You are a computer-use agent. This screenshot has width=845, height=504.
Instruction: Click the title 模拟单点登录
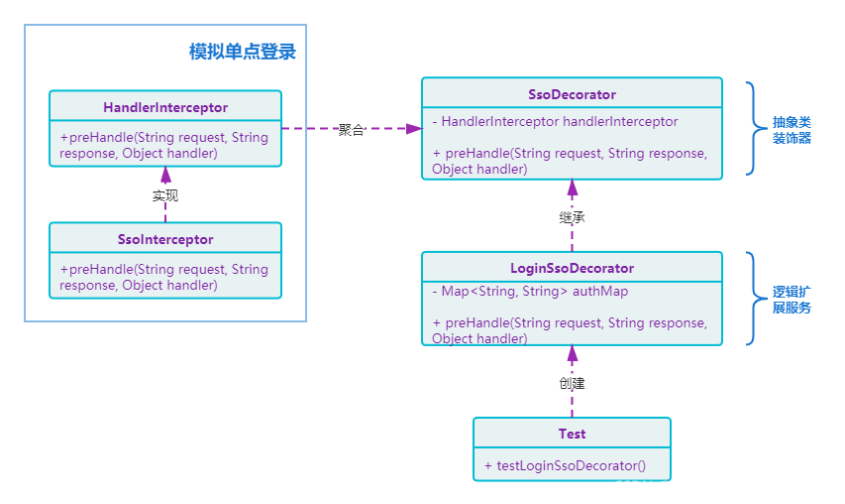[x=242, y=53]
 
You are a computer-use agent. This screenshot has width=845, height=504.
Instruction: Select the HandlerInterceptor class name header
[x=165, y=107]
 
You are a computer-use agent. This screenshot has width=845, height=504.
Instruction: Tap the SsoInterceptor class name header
[x=165, y=239]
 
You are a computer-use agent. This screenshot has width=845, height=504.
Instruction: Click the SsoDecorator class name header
[x=572, y=94]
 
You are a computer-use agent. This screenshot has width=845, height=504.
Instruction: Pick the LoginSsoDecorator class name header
[x=572, y=268]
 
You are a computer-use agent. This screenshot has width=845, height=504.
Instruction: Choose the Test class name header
[x=572, y=434]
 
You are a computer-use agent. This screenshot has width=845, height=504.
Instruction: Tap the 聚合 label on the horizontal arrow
[x=352, y=129]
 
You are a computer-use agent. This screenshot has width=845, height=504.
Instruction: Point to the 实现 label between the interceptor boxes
[x=165, y=195]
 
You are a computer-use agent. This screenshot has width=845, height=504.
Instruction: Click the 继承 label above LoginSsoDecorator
[x=572, y=216]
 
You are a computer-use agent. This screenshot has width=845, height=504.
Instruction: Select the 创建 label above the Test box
[x=572, y=382]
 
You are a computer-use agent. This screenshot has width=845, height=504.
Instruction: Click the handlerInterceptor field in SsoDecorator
[x=556, y=121]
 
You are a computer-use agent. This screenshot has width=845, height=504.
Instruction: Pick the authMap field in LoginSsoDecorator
[x=530, y=291]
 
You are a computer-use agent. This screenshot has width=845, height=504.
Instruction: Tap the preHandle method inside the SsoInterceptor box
[x=163, y=277]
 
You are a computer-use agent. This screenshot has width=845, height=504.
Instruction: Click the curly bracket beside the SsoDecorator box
[x=751, y=128]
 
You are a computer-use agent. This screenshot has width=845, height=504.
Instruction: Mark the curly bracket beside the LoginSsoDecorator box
[x=751, y=299]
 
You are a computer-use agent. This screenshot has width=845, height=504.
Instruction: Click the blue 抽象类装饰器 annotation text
[x=792, y=130]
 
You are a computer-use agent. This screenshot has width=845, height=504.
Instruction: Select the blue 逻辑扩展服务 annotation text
[x=792, y=300]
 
